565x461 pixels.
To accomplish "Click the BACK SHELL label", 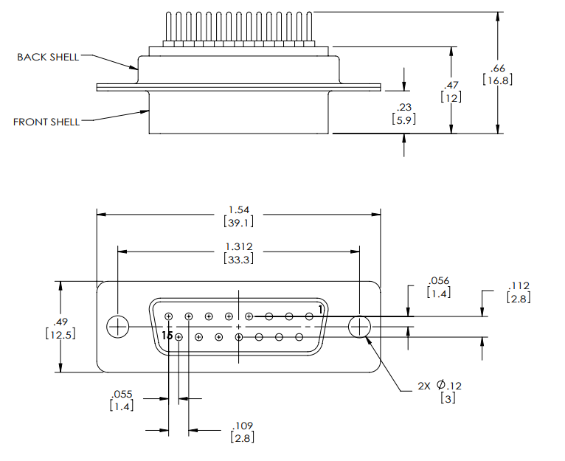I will (48, 57).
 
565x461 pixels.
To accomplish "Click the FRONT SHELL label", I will (46, 122).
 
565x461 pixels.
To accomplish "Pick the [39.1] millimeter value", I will (238, 222).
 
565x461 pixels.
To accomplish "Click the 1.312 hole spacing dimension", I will (238, 246).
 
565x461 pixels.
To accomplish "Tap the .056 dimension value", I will (438, 281).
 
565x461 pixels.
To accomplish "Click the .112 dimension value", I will (519, 286).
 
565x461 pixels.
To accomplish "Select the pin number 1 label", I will (321, 308).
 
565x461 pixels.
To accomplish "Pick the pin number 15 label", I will (167, 336).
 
